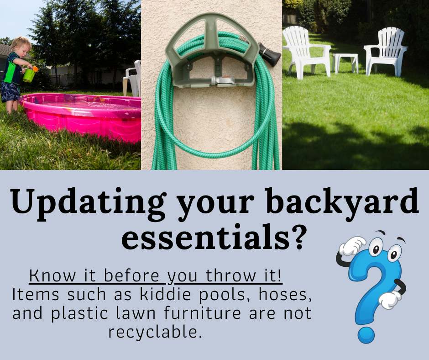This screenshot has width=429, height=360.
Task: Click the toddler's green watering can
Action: [x=29, y=74]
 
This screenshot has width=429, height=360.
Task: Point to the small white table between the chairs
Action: [x=345, y=63]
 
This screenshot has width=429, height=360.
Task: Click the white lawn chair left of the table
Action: [x=306, y=52]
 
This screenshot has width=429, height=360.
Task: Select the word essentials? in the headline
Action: [x=213, y=237]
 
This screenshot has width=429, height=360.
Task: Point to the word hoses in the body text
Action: [x=285, y=295]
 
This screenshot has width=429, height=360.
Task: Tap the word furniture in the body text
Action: [x=202, y=313]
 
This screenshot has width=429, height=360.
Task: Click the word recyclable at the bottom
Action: [x=155, y=332]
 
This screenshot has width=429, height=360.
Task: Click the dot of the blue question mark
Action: [x=366, y=335]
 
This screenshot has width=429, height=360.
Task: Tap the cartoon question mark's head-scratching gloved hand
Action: [x=352, y=245]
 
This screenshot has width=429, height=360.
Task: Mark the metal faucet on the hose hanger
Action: [x=223, y=80]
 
